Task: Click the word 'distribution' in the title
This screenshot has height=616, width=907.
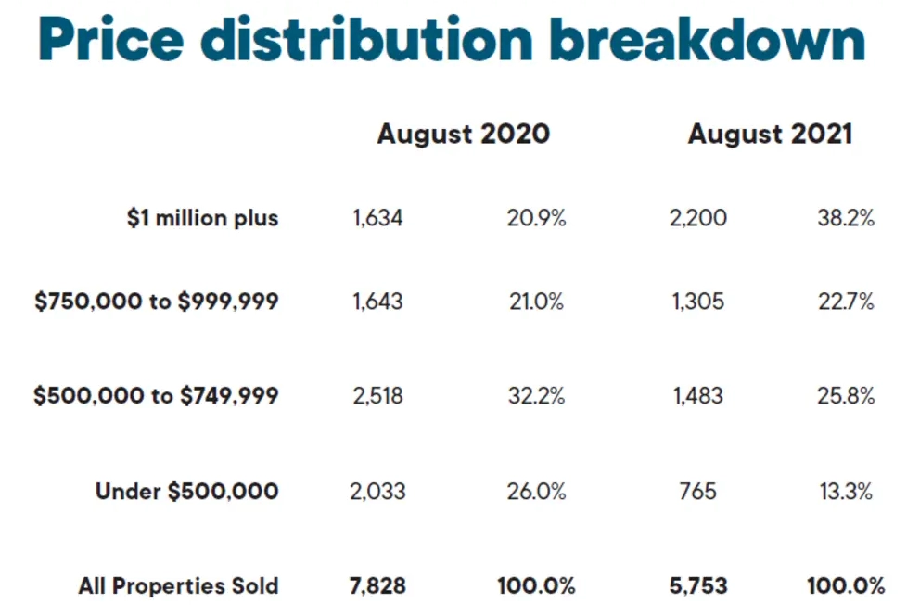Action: [366, 38]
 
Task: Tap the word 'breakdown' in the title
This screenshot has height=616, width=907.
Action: [708, 38]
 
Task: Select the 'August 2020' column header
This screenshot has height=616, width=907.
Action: [464, 135]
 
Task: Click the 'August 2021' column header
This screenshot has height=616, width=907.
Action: [770, 135]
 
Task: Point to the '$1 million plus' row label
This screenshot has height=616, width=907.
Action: [202, 218]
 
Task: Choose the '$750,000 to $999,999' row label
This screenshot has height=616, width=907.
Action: [156, 301]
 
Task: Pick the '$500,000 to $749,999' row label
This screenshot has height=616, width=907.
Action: [156, 395]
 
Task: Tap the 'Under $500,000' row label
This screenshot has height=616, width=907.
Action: [186, 491]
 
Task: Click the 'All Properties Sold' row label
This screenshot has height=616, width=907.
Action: [178, 586]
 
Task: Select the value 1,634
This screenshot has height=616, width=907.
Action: [377, 218]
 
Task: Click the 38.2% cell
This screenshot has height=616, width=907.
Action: [846, 218]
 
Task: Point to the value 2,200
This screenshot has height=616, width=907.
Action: [698, 218]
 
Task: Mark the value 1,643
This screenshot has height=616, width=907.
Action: [377, 302]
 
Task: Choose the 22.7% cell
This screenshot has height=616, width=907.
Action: [846, 302]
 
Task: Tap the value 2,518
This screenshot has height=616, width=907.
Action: [377, 396]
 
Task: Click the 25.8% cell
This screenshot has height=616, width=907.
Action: [846, 396]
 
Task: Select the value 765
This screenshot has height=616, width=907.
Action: [698, 492]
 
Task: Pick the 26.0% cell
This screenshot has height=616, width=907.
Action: [536, 492]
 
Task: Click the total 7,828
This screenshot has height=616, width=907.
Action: [377, 586]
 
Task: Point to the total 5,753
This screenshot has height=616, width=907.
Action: [698, 586]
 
